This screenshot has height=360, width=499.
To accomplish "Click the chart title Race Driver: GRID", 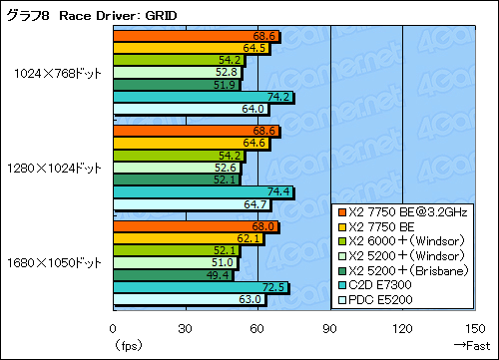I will (80, 12).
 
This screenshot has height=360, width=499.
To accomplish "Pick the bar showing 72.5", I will (200, 287).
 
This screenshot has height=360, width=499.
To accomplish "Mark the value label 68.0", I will (265, 226).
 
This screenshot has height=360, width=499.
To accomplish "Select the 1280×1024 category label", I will (54, 167).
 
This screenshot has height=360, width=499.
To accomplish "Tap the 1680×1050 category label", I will (54, 262).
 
